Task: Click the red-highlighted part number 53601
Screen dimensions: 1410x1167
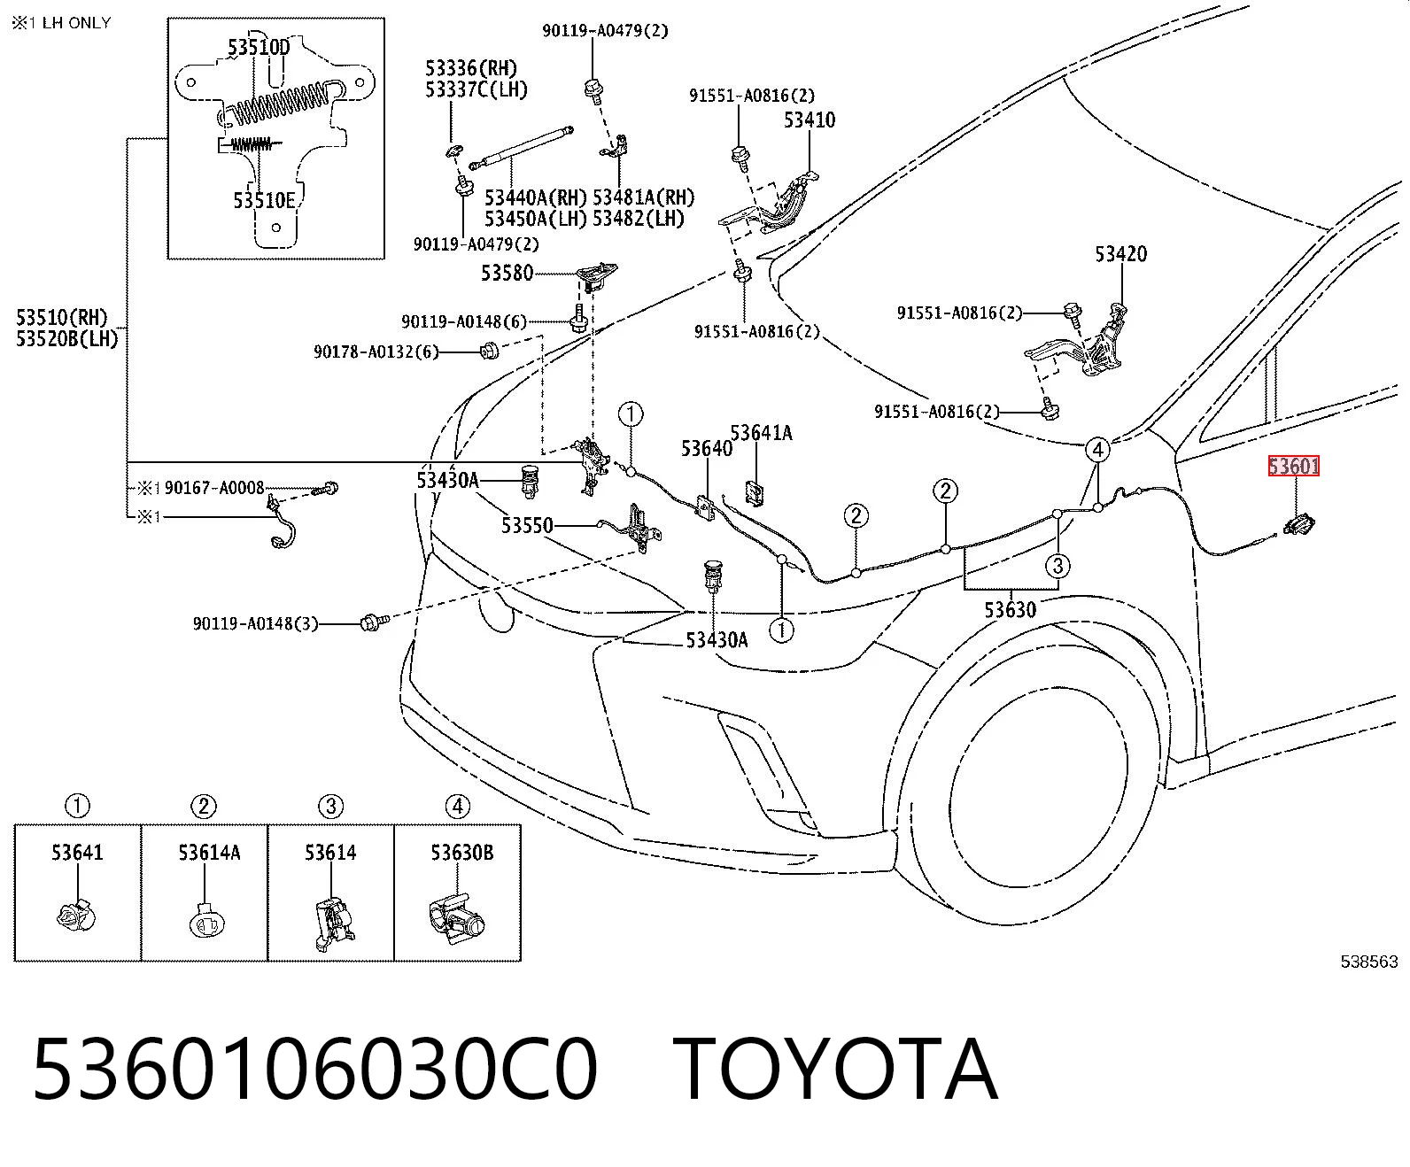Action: (1293, 466)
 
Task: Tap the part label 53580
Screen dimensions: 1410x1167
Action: (507, 273)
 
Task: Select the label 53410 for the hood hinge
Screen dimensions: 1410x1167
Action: (809, 120)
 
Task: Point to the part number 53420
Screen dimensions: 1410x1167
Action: (1120, 254)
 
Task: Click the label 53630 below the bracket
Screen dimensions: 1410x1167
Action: (1010, 610)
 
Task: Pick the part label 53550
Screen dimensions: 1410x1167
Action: (527, 525)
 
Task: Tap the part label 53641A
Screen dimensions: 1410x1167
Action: (761, 433)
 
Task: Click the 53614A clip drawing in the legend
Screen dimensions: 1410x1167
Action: (206, 921)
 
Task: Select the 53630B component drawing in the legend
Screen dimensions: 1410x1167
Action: (456, 918)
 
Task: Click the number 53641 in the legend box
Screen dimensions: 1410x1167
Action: (77, 853)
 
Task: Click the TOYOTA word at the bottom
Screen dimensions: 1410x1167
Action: (834, 1070)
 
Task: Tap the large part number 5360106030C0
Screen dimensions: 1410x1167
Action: (314, 1070)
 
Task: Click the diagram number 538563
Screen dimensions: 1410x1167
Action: (1368, 961)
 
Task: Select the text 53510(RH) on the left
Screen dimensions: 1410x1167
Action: (62, 317)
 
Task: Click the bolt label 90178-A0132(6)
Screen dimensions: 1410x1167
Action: (376, 352)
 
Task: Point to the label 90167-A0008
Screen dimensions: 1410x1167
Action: (214, 488)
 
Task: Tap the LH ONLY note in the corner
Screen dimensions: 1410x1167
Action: (76, 23)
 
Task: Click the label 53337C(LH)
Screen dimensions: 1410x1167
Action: (476, 89)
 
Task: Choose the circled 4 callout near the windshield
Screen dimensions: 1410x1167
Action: (1097, 450)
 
